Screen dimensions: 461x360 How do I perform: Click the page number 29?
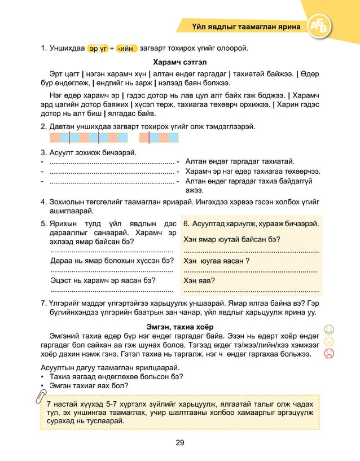pos(179,442)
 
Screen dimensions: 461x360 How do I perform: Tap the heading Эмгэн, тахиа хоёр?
pos(180,326)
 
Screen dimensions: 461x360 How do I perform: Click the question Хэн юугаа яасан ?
pos(217,261)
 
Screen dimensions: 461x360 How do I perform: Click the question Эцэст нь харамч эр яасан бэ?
pos(103,279)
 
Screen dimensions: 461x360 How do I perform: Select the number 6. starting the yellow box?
pos(187,223)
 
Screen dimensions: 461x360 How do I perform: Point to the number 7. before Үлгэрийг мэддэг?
pos(43,302)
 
